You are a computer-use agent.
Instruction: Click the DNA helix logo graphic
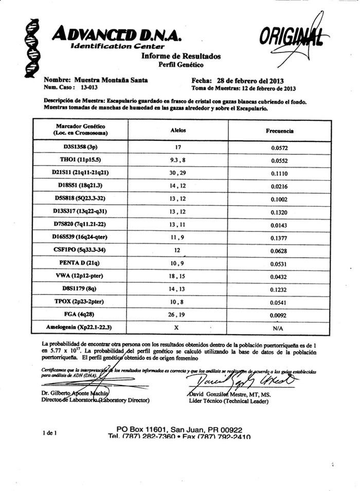click(x=32, y=47)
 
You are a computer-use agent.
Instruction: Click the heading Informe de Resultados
click(x=181, y=56)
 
